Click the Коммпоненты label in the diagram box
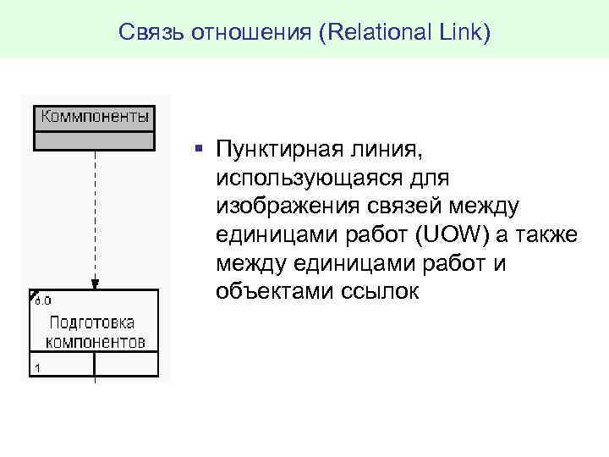[x=95, y=116]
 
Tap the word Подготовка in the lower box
[x=92, y=323]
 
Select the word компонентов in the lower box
[x=95, y=342]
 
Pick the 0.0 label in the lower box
[x=43, y=300]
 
